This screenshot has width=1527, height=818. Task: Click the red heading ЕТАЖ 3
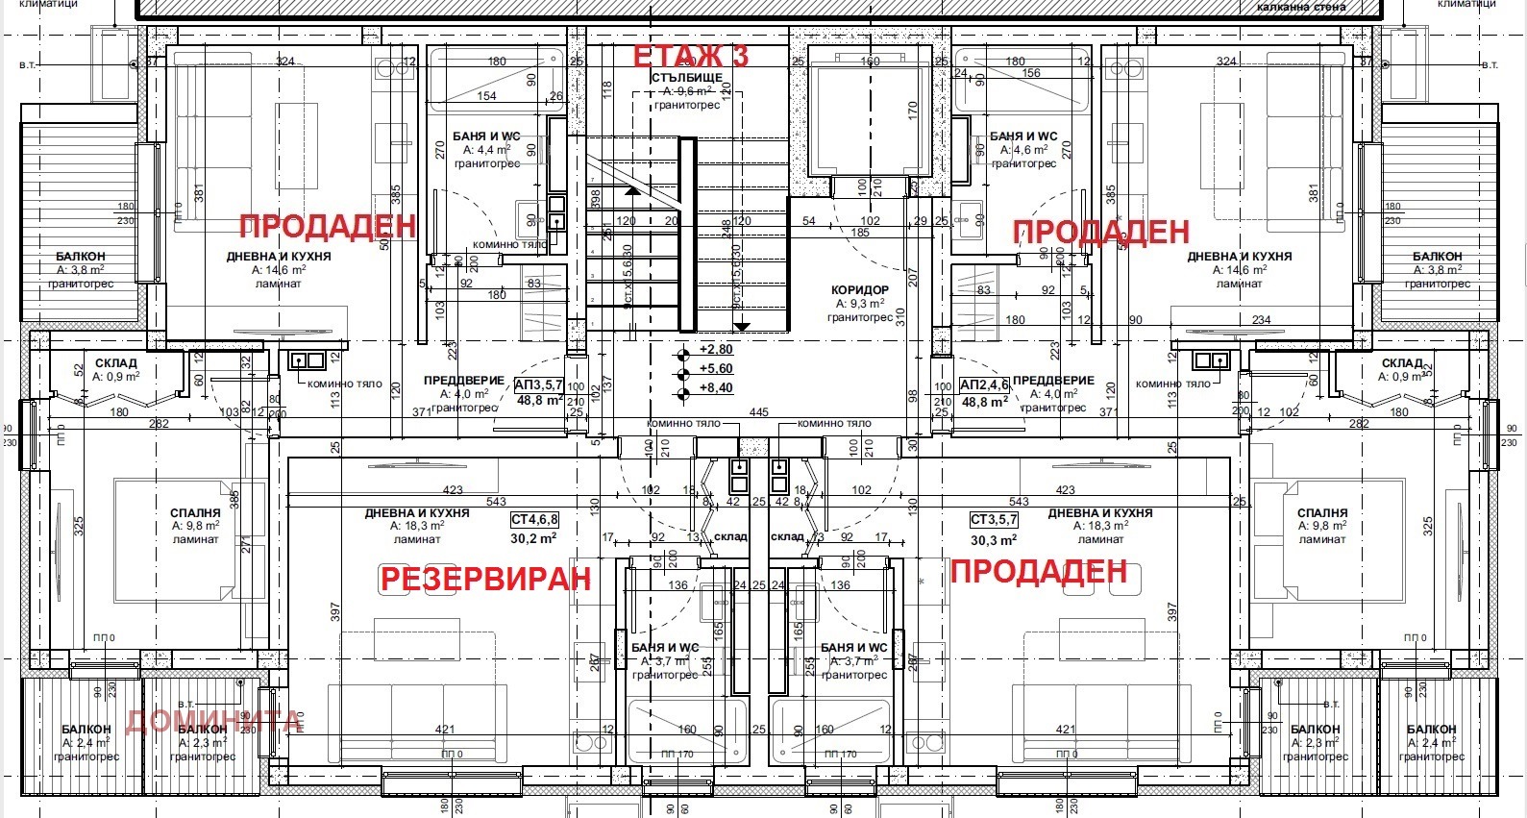(x=690, y=57)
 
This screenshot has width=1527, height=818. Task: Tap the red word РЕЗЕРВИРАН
(x=485, y=579)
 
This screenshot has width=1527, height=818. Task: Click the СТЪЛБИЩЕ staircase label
(x=687, y=77)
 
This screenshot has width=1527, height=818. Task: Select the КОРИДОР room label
(x=859, y=289)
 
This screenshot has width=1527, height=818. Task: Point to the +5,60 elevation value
(x=716, y=369)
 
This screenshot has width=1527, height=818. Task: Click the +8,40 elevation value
(x=716, y=388)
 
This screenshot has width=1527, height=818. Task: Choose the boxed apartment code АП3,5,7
(x=539, y=385)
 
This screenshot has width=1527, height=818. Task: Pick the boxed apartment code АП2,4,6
(x=984, y=385)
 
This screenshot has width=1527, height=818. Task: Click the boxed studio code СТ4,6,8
(x=534, y=520)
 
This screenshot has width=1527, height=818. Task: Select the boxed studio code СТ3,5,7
(x=994, y=520)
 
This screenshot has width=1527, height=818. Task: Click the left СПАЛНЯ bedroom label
(x=195, y=513)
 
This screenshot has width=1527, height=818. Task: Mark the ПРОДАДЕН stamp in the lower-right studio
(x=1038, y=571)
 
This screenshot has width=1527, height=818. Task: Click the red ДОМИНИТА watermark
(x=213, y=720)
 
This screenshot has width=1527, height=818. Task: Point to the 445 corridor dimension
(x=758, y=412)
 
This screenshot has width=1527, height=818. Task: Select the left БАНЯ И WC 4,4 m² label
(x=486, y=136)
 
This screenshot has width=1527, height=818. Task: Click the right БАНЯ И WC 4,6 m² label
(x=1023, y=136)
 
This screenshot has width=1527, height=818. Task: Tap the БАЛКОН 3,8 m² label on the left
(x=80, y=257)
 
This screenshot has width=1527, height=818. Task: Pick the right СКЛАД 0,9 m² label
(x=1402, y=363)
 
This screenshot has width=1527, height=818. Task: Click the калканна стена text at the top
(x=1301, y=7)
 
